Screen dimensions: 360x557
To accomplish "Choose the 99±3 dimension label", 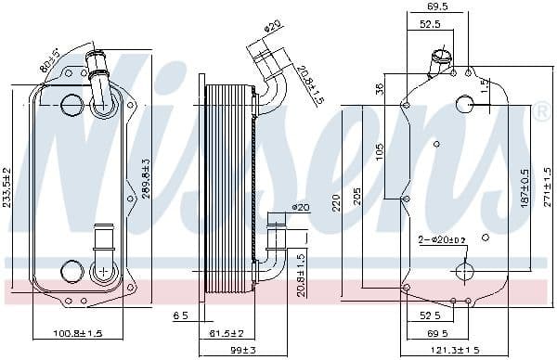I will (x=242, y=349).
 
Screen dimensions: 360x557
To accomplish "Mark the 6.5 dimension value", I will (x=180, y=316).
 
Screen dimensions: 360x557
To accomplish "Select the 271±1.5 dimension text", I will (x=547, y=186).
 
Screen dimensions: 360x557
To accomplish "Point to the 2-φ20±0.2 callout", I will (x=442, y=239).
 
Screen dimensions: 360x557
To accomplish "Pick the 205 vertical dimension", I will (x=357, y=199).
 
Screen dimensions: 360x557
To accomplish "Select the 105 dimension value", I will (x=380, y=152).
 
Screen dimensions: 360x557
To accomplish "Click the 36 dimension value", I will (x=380, y=90).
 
